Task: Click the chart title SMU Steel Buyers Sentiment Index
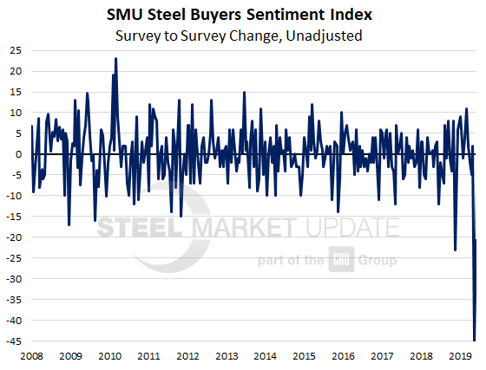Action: [x=242, y=14]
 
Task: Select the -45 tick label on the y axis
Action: [x=12, y=341]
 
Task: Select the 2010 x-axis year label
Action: [x=109, y=356]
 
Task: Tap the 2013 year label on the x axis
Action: [x=227, y=356]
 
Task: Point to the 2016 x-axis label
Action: [x=344, y=356]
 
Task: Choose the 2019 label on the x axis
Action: [x=461, y=356]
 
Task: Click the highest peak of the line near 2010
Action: [x=116, y=59]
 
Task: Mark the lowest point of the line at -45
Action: [x=474, y=341]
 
